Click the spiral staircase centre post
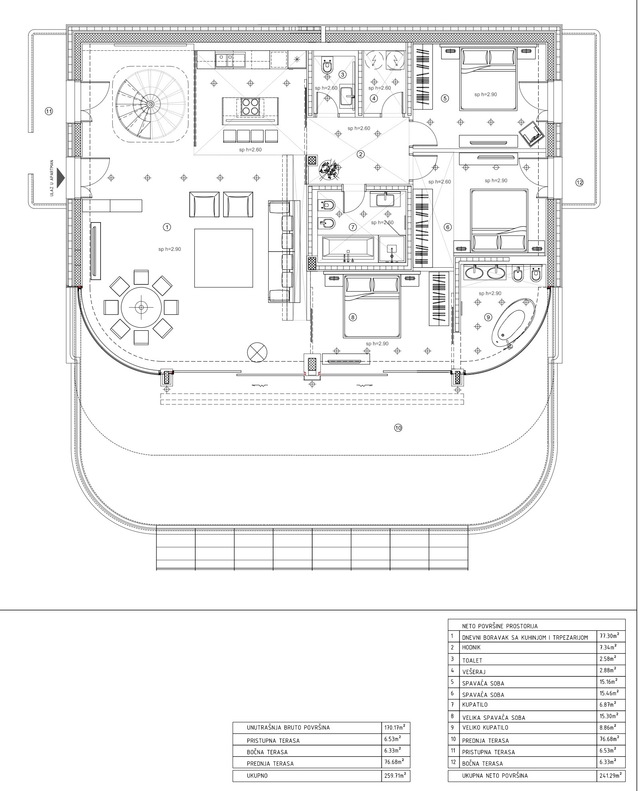point(150,104)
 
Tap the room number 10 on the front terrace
point(398,428)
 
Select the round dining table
point(141,307)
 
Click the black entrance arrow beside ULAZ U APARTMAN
point(61,178)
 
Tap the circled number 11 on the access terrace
point(49,111)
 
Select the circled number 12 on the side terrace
point(579,182)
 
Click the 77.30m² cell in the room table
point(610,636)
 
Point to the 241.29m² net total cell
point(610,775)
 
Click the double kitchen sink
point(225,60)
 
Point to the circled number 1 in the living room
point(167,227)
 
